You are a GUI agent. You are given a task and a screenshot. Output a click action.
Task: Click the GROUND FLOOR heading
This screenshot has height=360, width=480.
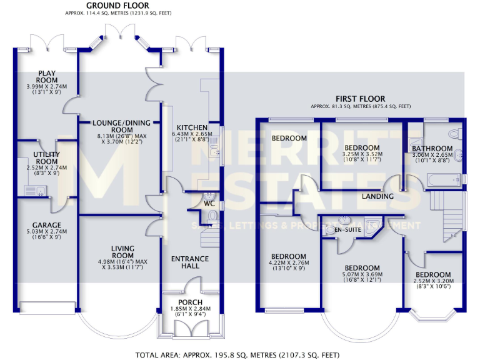click(x=117, y=6)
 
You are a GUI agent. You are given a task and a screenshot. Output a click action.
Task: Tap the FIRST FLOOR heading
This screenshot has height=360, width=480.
click(x=360, y=99)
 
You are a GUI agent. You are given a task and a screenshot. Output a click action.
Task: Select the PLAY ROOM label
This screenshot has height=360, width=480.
click(x=47, y=76)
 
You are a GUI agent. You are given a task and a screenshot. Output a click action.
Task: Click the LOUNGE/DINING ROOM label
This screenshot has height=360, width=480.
click(x=119, y=123)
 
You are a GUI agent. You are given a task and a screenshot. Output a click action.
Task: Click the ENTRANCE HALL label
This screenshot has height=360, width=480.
click(x=190, y=262)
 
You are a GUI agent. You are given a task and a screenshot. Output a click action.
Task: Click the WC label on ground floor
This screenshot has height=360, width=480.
click(x=209, y=202)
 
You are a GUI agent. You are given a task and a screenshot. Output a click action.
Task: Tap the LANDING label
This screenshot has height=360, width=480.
click(x=378, y=196)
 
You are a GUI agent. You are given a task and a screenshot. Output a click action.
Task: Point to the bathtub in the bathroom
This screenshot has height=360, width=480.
click(x=444, y=181)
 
